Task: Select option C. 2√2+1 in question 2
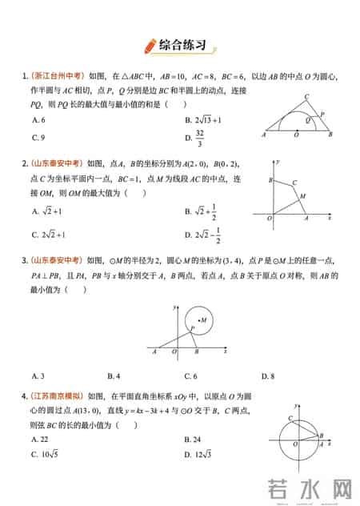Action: (x=47, y=235)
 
